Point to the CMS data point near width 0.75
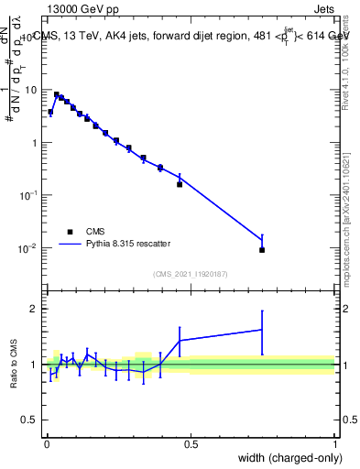coord(262,249)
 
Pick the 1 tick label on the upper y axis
coord(36,143)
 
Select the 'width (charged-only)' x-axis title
coord(288,458)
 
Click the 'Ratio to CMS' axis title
coord(15,364)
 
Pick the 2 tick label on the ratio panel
coord(36,309)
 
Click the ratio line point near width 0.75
coord(262,330)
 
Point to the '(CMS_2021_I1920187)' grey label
coord(191,273)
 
